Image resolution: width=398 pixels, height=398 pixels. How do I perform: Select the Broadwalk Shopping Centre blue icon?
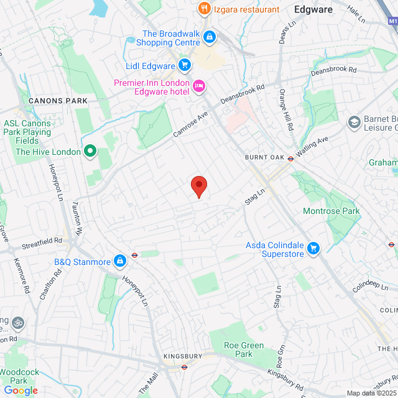(210, 38)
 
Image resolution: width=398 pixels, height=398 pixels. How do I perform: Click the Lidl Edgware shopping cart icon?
(184, 65)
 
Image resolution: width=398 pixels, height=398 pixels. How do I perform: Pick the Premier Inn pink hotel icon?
(200, 86)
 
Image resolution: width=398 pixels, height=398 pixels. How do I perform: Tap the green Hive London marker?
(90, 151)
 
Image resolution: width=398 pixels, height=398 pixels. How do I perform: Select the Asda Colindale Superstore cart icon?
(314, 249)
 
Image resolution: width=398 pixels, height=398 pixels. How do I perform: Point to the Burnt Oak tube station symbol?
(290, 158)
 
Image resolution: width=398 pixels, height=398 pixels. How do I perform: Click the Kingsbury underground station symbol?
(184, 366)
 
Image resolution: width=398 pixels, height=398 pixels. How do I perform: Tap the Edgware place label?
(313, 9)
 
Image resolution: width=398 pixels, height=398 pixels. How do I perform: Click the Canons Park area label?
(58, 100)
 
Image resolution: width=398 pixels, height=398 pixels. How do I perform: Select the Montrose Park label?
(331, 211)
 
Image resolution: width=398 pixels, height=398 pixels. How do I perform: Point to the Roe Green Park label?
(243, 349)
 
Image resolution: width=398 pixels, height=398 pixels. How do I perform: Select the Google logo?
(21, 391)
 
